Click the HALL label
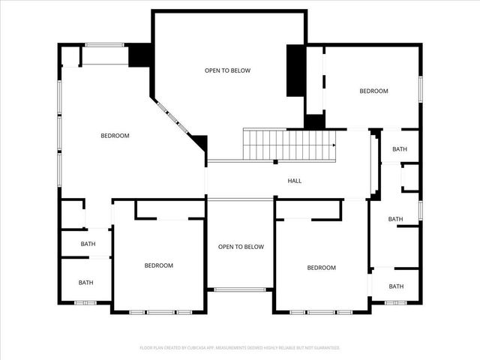(295, 181)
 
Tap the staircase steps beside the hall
(289, 144)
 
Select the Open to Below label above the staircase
(227, 70)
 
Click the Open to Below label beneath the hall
(241, 247)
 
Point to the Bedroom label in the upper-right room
(373, 91)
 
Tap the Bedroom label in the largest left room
(115, 136)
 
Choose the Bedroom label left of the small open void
(159, 265)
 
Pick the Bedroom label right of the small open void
(321, 268)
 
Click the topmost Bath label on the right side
(399, 149)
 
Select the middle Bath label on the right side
(396, 219)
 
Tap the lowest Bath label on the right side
(396, 286)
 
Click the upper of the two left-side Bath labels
(88, 244)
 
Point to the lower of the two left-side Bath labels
(86, 283)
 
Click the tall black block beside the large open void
(295, 70)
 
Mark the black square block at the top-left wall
(140, 55)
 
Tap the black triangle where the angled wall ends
(200, 142)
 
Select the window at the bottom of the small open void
(240, 289)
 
